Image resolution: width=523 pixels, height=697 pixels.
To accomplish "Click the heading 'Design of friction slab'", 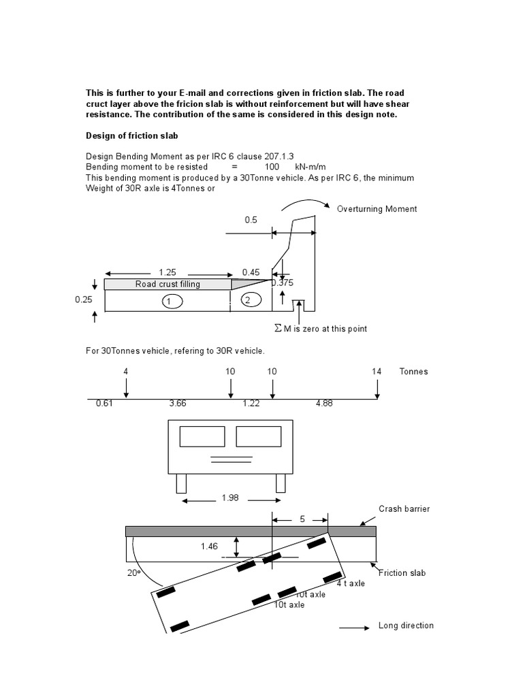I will (x=131, y=135).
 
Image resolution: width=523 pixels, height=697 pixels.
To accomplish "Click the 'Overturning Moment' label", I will (x=377, y=209).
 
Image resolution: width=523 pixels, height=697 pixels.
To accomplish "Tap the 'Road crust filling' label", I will (x=168, y=284).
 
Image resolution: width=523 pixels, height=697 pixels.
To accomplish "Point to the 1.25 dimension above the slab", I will (x=167, y=272).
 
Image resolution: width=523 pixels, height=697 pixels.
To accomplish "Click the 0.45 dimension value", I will (x=251, y=272).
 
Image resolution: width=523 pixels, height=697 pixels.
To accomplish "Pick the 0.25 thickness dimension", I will (x=83, y=299).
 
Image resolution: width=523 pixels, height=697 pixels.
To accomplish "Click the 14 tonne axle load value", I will (x=377, y=372).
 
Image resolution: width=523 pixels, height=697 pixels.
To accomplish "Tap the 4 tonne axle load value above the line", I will (x=126, y=372).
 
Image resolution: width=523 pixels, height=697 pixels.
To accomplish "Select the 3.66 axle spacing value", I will (x=178, y=404).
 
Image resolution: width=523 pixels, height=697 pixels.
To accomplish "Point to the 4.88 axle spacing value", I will (x=324, y=404).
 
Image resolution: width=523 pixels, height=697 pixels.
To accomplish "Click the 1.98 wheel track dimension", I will (x=231, y=498).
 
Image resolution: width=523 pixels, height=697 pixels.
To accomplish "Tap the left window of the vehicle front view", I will (x=202, y=436).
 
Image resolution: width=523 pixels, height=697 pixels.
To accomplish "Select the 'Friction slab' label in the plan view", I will (x=402, y=572).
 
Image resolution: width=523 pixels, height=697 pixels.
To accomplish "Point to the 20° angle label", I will (x=133, y=572).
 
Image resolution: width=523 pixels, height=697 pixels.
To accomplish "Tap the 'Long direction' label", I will (x=406, y=626).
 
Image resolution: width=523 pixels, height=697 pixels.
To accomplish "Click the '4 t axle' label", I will (x=351, y=583).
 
